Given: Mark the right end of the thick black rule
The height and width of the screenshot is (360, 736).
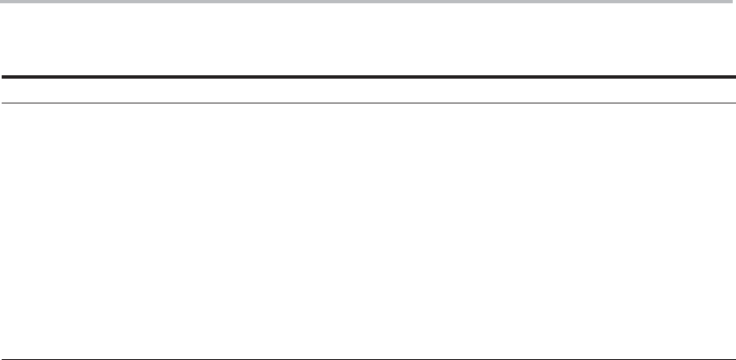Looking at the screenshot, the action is click(734, 78).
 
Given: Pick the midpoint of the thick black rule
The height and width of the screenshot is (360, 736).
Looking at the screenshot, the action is click(368, 78).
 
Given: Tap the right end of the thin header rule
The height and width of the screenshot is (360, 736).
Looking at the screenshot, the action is click(734, 103).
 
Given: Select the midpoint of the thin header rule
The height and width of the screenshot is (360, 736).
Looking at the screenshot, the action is click(368, 103).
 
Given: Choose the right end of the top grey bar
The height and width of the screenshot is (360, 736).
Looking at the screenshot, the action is click(734, 2).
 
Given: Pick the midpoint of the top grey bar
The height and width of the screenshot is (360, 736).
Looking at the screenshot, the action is click(368, 2).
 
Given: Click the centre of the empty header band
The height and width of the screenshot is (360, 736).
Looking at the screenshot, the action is click(368, 91).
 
